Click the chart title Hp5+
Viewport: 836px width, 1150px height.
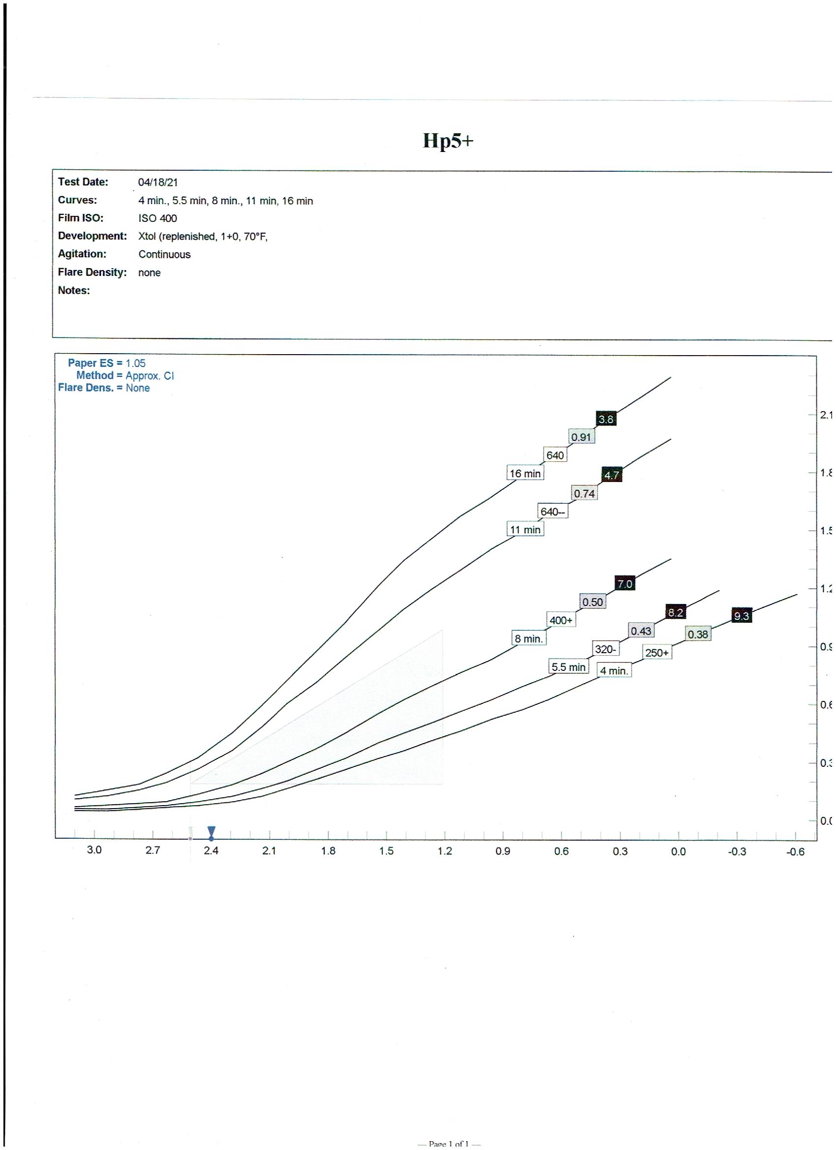448,141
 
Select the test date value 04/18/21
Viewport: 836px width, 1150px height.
158,182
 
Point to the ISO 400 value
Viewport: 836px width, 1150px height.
158,218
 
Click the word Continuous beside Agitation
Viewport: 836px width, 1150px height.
164,254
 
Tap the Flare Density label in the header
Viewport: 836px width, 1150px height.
92,272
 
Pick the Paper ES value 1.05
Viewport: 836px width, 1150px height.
135,363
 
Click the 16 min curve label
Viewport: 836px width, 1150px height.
525,474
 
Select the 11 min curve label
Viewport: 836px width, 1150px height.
525,530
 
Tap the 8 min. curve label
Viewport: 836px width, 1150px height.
528,639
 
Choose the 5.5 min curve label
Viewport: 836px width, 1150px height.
568,667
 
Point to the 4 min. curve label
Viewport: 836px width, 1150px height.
614,671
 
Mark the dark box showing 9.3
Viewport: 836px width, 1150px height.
741,616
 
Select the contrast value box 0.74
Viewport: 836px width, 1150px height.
584,493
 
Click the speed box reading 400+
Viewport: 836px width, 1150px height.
561,620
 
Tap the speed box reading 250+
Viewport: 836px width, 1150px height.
657,653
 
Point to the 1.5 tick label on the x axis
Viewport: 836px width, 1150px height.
387,851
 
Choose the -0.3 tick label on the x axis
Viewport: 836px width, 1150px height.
737,852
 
